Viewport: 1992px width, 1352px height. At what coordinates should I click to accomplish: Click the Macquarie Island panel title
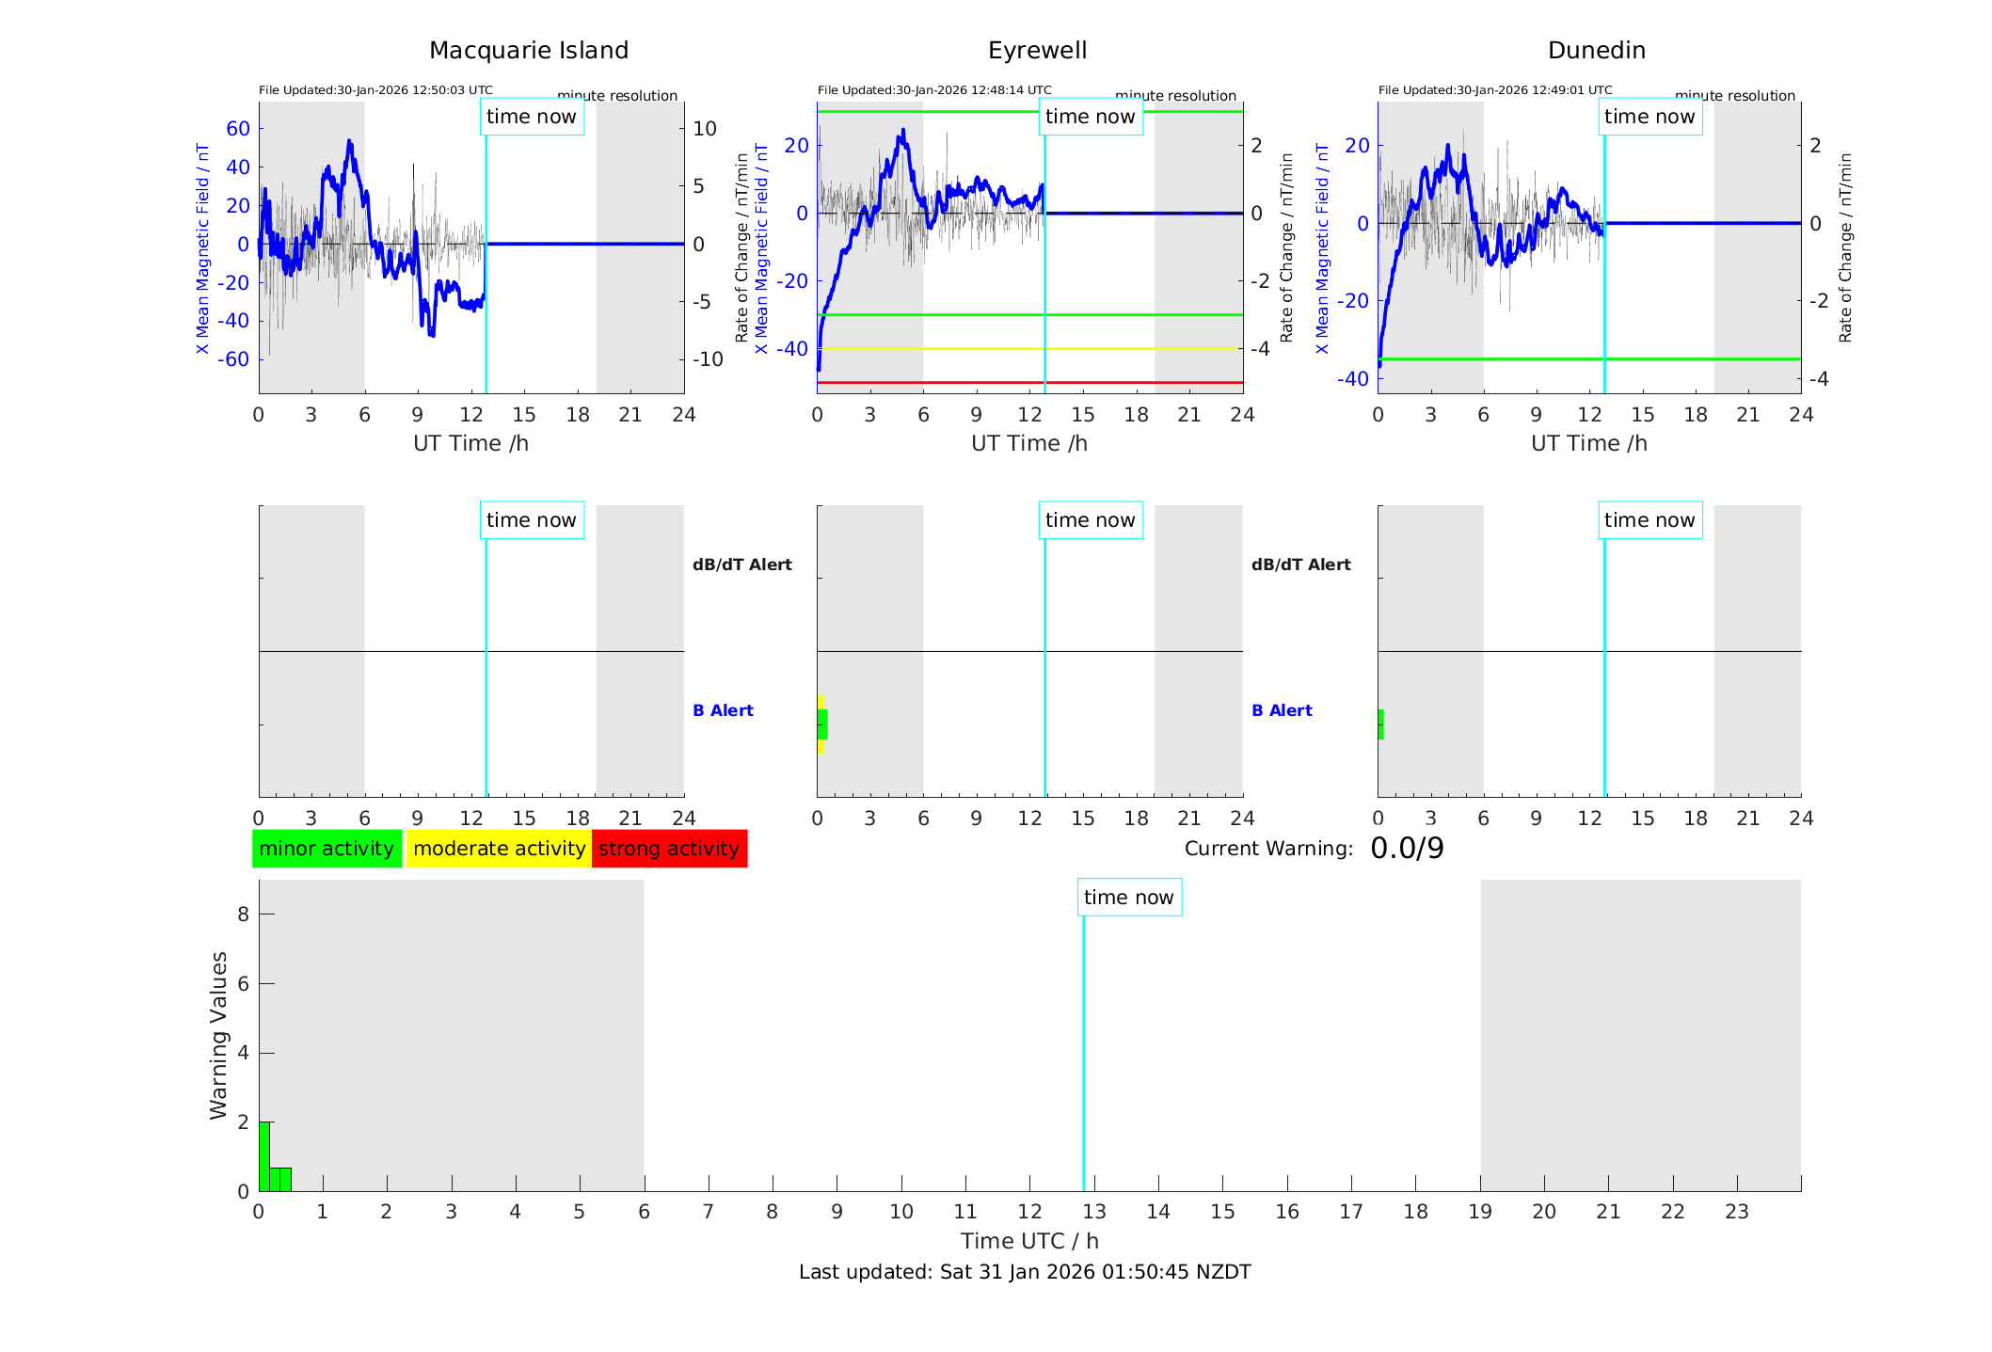click(x=528, y=51)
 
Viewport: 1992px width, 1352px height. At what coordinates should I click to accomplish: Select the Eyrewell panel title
click(x=1037, y=51)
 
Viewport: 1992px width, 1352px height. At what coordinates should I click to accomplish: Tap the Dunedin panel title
click(x=1596, y=51)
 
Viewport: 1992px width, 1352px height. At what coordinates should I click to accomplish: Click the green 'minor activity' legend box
click(x=327, y=849)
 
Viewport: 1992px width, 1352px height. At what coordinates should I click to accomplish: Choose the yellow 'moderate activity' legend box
click(x=499, y=849)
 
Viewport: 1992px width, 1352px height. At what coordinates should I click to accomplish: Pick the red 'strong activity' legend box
click(x=669, y=849)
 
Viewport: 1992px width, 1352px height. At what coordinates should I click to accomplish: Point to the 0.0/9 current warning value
click(x=1407, y=849)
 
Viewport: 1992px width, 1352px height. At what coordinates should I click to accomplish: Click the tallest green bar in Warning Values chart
click(x=264, y=1156)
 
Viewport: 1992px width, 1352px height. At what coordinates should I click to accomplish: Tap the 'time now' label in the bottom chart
click(x=1129, y=898)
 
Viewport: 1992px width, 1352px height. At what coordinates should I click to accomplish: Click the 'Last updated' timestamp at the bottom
click(x=1025, y=1272)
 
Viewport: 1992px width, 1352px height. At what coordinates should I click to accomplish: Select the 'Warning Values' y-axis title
click(x=219, y=1035)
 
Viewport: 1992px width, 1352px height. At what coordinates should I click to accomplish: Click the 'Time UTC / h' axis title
click(x=1029, y=1241)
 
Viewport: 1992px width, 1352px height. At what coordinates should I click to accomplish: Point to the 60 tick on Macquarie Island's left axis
click(x=238, y=129)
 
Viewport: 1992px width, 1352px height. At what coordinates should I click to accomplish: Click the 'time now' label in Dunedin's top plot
click(x=1649, y=117)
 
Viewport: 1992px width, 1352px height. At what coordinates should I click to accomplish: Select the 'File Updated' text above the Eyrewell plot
click(x=934, y=90)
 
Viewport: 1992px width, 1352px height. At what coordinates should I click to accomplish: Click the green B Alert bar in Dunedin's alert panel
click(x=1380, y=724)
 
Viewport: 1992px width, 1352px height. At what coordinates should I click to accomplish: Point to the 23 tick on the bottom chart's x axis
click(x=1736, y=1212)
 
